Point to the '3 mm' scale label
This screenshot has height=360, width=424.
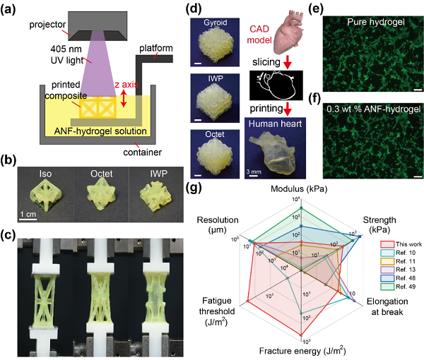(256, 169)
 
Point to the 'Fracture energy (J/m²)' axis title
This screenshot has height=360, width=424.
(302, 349)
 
